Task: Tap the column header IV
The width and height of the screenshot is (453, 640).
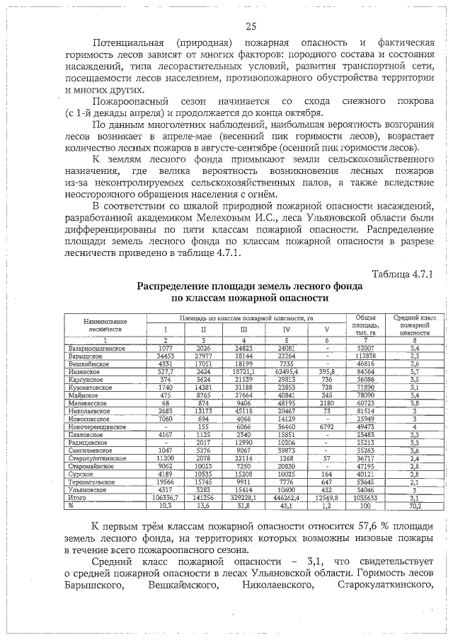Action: click(287, 329)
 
